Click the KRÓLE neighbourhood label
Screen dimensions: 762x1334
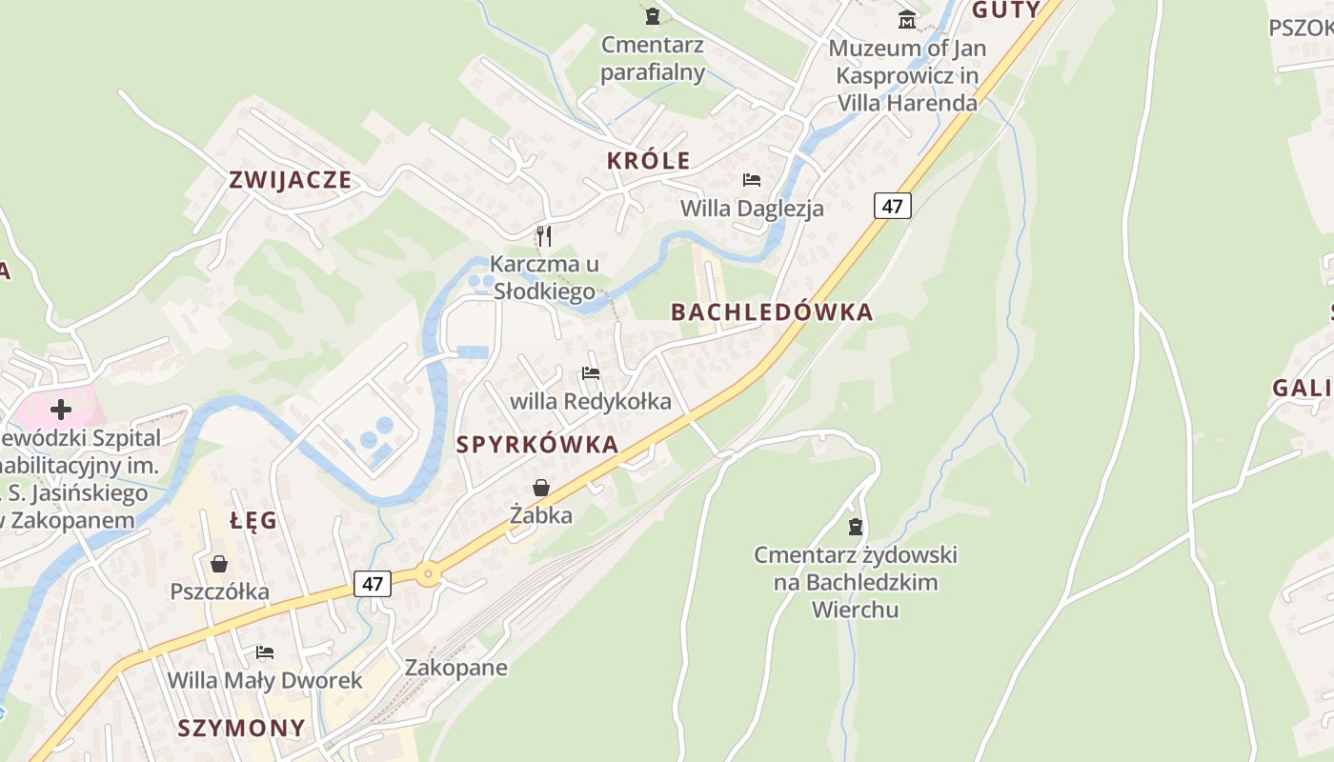[x=648, y=161]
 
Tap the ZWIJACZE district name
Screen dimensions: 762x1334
[x=291, y=180]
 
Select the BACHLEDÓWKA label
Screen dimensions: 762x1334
[x=772, y=312]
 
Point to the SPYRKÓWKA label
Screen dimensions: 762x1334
[x=537, y=445]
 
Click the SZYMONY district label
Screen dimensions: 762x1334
[x=242, y=729]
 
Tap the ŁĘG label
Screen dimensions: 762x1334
[x=253, y=520]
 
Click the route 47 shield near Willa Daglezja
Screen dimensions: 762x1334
[x=892, y=206]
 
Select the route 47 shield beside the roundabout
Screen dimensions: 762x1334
[x=373, y=583]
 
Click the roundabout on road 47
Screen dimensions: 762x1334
[x=427, y=573]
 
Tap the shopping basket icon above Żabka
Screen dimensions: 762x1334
[x=541, y=488]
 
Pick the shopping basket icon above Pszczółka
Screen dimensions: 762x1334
[x=219, y=564]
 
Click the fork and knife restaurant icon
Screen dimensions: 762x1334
[x=543, y=235]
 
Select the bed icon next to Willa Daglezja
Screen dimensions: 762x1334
[x=752, y=179]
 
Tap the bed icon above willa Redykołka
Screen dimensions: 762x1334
[x=591, y=372]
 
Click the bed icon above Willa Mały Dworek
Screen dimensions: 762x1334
[x=265, y=652]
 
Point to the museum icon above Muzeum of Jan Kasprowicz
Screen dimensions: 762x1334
[x=906, y=19]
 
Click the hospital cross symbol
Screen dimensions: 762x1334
[x=61, y=410]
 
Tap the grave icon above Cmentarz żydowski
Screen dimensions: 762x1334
[x=856, y=526]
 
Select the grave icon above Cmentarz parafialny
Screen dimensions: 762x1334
[x=653, y=16]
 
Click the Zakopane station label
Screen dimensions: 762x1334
[x=455, y=668]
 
